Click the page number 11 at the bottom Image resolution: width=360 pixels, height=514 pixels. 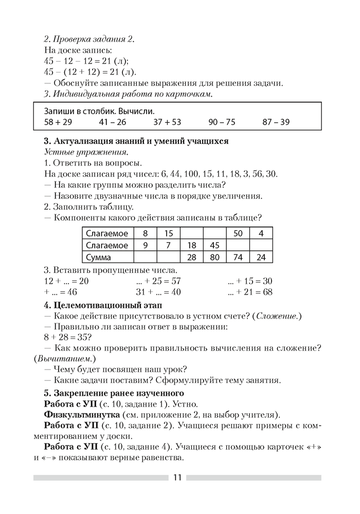[177, 477]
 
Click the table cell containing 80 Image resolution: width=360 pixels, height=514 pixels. [215, 256]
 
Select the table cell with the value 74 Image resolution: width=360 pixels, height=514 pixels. [238, 256]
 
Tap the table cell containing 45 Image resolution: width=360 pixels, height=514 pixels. [215, 245]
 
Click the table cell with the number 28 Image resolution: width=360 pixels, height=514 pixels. [192, 256]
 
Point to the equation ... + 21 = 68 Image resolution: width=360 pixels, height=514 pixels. [250, 292]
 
